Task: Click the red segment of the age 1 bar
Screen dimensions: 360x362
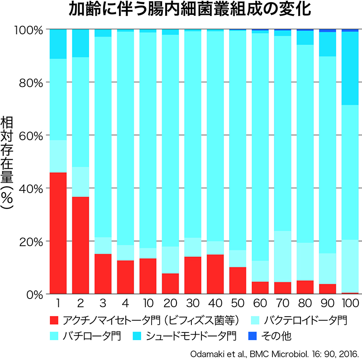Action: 58,233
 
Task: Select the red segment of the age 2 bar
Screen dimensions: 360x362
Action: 81,245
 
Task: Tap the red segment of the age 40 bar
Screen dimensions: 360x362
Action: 215,274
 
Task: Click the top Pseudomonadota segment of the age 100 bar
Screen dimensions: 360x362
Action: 350,68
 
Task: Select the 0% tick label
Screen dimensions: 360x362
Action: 33,294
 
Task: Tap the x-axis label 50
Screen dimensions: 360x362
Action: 237,303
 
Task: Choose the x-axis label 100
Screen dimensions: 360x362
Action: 350,303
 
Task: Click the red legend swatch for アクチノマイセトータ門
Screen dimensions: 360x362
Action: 55,321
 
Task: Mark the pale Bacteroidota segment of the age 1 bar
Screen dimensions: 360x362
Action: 58,156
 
